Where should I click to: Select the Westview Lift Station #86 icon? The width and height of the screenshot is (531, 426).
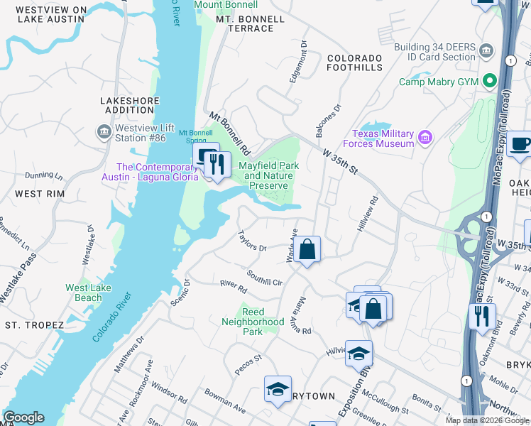tap(104, 132)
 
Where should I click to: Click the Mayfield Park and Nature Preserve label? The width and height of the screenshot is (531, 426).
tap(268, 175)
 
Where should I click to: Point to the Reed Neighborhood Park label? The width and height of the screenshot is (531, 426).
tap(263, 322)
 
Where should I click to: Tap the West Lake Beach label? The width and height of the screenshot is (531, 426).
tap(88, 293)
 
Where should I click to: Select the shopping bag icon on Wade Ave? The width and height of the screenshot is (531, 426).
tap(307, 249)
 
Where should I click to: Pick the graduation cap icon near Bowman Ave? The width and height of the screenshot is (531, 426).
tap(278, 388)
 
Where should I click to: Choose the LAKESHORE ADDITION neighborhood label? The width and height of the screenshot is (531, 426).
tap(130, 106)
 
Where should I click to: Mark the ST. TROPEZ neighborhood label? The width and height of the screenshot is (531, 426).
tap(34, 325)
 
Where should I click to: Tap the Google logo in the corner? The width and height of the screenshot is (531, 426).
tap(23, 417)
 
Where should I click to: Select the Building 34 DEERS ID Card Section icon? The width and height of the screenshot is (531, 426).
tap(486, 50)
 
